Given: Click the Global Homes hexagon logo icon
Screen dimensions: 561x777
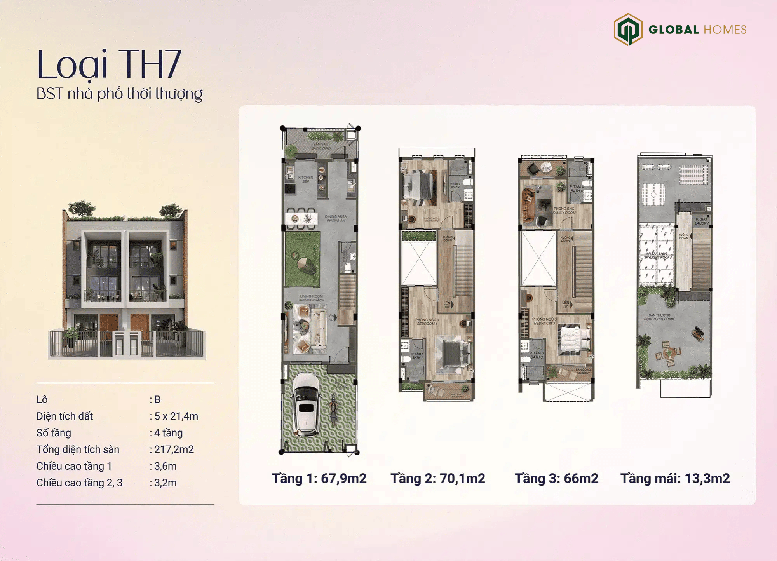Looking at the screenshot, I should [x=628, y=30].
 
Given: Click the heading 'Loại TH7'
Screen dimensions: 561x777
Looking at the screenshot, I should [x=109, y=64].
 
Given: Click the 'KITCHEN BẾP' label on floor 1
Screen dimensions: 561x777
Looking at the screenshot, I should [x=306, y=179].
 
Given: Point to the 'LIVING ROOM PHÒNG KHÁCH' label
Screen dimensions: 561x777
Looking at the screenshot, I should [x=311, y=298].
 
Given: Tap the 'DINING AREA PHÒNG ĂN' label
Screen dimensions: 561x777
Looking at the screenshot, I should [x=336, y=218].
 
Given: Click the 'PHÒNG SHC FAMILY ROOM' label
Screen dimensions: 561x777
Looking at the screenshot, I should [x=564, y=211].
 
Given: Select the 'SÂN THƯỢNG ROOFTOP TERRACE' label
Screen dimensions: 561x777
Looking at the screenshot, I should [x=659, y=317].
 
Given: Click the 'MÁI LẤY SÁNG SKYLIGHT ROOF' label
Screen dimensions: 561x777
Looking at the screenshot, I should [x=657, y=255].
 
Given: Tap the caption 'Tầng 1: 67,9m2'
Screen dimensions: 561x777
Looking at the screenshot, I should [x=319, y=478].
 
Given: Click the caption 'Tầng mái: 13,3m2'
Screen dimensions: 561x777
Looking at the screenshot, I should [x=675, y=478].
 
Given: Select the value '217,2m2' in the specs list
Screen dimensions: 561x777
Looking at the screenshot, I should [x=174, y=449].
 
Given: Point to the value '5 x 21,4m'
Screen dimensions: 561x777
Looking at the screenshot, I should [x=176, y=416].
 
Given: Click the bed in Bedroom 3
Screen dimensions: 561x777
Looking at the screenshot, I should [x=574, y=340].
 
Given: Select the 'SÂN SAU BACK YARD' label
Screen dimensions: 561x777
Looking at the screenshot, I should [x=321, y=146].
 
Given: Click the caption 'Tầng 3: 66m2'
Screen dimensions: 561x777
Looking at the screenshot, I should [x=556, y=478].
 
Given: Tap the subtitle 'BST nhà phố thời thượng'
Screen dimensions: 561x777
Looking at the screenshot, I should [x=119, y=94].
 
